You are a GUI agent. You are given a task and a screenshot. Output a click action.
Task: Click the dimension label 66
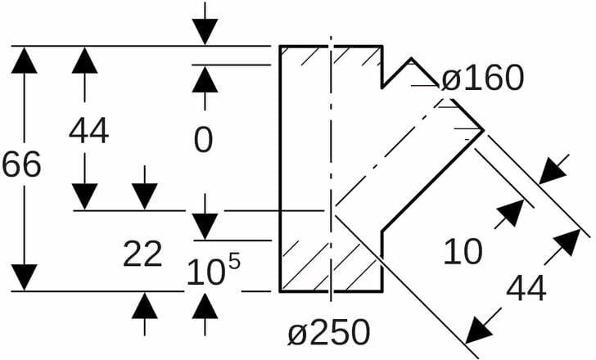21,165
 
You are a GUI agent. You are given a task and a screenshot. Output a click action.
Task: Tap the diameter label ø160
481,79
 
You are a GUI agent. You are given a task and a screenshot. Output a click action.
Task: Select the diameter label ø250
328,333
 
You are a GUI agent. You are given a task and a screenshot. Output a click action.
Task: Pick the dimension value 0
204,140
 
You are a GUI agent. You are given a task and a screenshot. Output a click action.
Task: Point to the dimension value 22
142,255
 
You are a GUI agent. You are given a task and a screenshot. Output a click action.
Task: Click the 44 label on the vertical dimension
88,131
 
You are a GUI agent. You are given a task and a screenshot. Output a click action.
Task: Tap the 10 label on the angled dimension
463,252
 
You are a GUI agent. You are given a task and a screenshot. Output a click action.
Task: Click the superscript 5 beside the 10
234,260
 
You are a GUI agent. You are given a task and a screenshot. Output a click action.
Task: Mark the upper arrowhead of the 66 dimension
25,61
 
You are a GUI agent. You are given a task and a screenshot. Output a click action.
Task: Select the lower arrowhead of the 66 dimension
25,277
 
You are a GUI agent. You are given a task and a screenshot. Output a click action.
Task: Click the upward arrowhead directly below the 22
145,306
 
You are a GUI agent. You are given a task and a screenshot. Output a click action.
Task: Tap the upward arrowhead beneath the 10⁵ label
205,306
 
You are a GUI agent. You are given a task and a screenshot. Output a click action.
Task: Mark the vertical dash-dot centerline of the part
331,164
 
